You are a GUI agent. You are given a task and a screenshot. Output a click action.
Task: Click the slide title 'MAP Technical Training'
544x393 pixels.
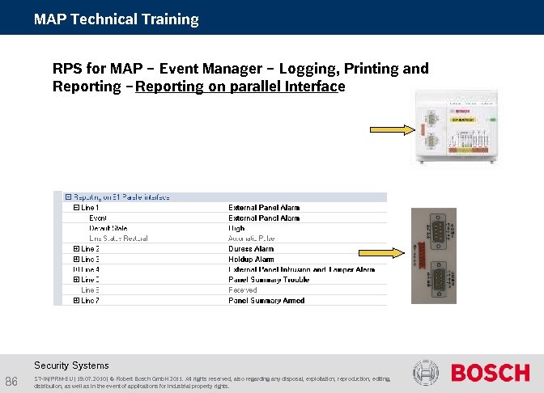tap(116, 19)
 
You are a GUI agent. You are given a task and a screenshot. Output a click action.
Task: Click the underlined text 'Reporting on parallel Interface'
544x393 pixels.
tap(240, 87)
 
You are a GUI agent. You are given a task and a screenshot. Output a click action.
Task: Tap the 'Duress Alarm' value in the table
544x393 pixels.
tap(251, 249)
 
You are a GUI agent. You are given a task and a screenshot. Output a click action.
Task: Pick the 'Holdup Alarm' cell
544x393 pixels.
tap(251, 259)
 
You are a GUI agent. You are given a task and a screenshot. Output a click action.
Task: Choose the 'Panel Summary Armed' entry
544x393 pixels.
tap(266, 300)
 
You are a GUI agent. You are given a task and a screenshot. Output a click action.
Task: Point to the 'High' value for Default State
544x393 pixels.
tap(236, 228)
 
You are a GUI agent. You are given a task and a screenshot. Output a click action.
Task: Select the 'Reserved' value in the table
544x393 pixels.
tap(242, 289)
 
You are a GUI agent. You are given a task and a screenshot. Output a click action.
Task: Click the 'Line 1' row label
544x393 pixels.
tap(90, 208)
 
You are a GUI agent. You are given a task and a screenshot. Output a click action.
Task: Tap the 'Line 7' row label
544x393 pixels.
tap(90, 300)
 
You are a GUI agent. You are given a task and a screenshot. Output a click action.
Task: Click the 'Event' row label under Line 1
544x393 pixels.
tap(97, 218)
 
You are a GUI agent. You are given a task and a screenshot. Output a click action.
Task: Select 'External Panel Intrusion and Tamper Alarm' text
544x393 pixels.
tap(301, 269)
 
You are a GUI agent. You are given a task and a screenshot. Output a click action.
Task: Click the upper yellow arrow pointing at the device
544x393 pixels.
tap(392, 129)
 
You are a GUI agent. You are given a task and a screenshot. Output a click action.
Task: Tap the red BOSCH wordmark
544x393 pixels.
tap(490, 373)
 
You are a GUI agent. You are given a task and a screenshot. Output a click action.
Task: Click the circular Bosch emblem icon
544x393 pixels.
tap(426, 373)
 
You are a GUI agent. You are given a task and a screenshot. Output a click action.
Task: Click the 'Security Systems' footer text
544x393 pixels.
tap(71, 365)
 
